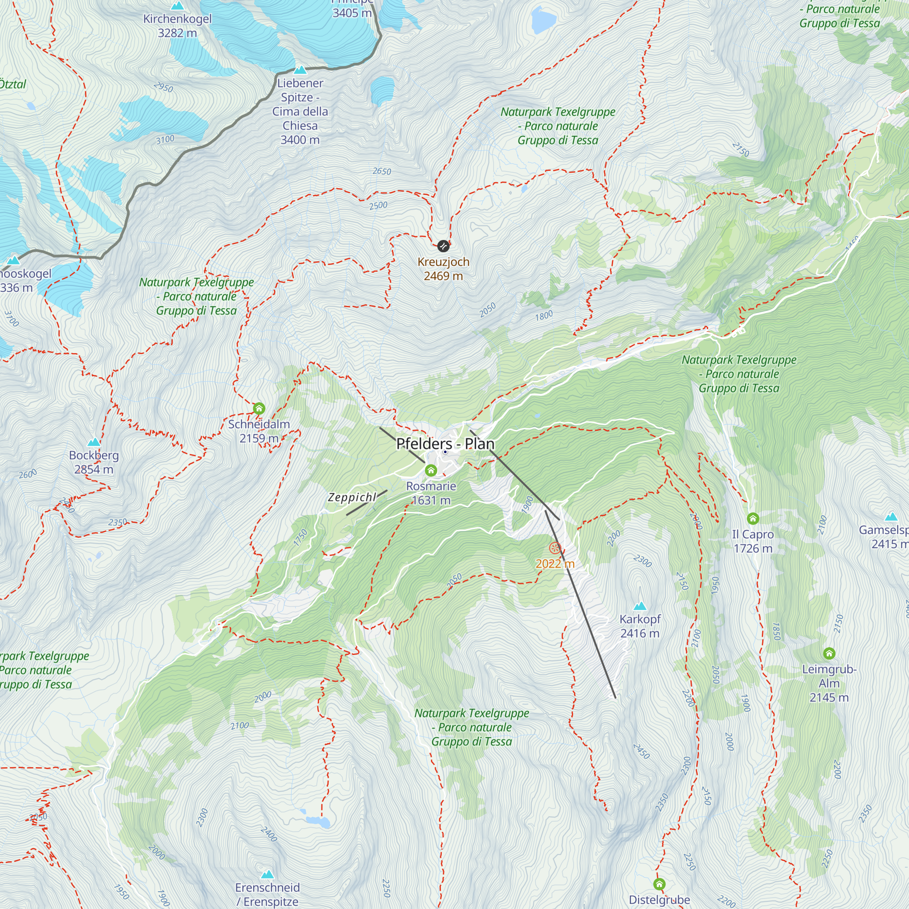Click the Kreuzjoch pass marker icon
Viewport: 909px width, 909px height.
point(443,245)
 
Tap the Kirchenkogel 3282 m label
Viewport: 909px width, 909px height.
point(177,26)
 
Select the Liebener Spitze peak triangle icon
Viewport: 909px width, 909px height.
point(300,70)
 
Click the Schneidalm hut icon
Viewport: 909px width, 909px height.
point(259,408)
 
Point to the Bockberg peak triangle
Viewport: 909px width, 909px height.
point(94,442)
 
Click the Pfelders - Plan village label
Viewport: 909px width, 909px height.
point(445,444)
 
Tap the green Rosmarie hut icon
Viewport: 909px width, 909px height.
point(431,470)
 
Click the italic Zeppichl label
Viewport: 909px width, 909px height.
point(352,497)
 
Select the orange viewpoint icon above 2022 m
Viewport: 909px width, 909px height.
point(554,548)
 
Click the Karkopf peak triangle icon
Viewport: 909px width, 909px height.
point(640,606)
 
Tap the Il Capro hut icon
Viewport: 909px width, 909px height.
point(753,519)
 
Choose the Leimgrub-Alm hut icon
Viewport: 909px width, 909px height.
point(829,653)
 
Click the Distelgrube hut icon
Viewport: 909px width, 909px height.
point(659,884)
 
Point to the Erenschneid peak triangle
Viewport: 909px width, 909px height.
point(268,874)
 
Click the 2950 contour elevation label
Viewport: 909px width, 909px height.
point(163,88)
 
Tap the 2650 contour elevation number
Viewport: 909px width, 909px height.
point(382,171)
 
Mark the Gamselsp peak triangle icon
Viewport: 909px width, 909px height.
point(891,517)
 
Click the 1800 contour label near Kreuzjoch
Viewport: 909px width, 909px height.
point(544,316)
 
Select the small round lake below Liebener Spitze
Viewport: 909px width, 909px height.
point(382,90)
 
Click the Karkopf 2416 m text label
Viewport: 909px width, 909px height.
point(640,626)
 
